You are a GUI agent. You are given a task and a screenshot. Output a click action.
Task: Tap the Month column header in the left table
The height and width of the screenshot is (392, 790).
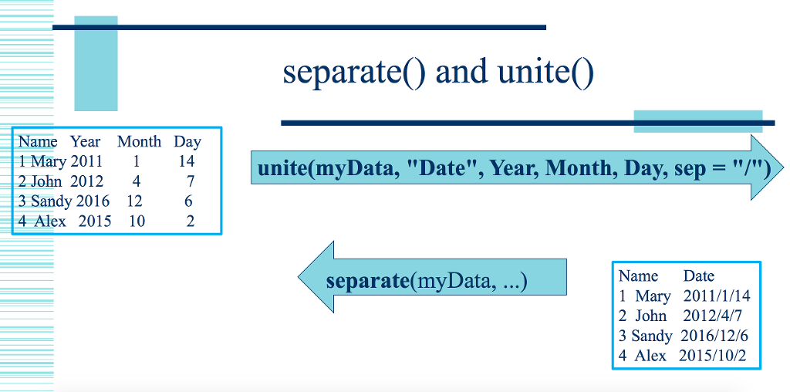click(140, 141)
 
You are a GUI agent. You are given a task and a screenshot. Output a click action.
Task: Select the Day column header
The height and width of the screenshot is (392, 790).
click(187, 142)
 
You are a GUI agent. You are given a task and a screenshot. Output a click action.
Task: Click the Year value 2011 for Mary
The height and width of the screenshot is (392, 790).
click(86, 161)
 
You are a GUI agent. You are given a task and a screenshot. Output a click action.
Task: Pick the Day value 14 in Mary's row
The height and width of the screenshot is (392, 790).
click(187, 161)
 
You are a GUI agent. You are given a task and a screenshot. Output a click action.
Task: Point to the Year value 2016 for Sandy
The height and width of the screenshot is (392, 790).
click(93, 201)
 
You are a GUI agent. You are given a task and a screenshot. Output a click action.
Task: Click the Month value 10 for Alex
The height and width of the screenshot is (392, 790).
click(137, 221)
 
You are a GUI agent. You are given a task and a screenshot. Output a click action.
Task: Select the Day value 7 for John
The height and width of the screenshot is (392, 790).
click(190, 181)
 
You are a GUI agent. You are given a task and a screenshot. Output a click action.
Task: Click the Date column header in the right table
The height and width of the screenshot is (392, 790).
click(699, 275)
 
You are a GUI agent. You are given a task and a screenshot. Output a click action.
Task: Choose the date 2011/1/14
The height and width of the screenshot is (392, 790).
click(717, 296)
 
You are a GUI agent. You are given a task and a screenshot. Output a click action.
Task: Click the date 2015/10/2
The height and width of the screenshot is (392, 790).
click(712, 355)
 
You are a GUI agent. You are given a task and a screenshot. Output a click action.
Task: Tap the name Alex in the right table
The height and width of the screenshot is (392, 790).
click(650, 355)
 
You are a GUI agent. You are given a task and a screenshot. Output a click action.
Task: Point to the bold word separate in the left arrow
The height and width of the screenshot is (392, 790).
click(367, 281)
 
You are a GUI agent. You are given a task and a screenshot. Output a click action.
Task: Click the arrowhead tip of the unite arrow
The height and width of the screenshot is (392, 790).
click(784, 167)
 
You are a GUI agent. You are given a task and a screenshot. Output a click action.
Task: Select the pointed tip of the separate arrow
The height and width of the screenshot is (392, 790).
click(299, 276)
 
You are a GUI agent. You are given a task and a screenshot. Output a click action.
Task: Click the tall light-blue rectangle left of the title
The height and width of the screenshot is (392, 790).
click(96, 63)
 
